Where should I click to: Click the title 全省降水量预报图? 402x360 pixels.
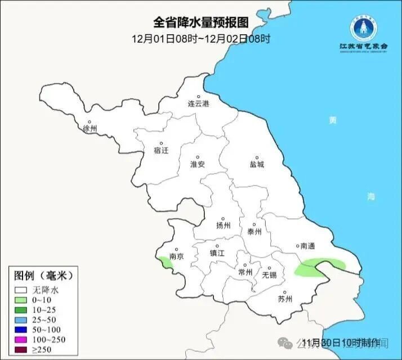pyautogui.click(x=201, y=22)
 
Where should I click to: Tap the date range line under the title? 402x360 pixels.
pyautogui.click(x=201, y=39)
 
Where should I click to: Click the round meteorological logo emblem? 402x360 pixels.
pyautogui.click(x=364, y=26)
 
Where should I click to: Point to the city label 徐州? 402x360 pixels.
pyautogui.click(x=90, y=129)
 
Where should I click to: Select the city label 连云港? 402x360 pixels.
pyautogui.click(x=198, y=104)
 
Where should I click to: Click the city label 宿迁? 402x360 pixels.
pyautogui.click(x=161, y=150)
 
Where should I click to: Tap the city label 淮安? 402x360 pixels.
pyautogui.click(x=198, y=164)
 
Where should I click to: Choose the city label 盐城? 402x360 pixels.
pyautogui.click(x=257, y=165)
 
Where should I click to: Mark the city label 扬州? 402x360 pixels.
pyautogui.click(x=224, y=226)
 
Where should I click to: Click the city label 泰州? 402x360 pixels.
pyautogui.click(x=254, y=231)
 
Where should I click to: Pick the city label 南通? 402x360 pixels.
pyautogui.click(x=307, y=246)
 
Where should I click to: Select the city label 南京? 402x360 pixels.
pyautogui.click(x=177, y=256)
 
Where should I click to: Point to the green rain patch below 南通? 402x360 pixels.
pyautogui.click(x=319, y=267)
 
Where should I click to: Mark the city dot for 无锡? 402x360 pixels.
pyautogui.click(x=269, y=268)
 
